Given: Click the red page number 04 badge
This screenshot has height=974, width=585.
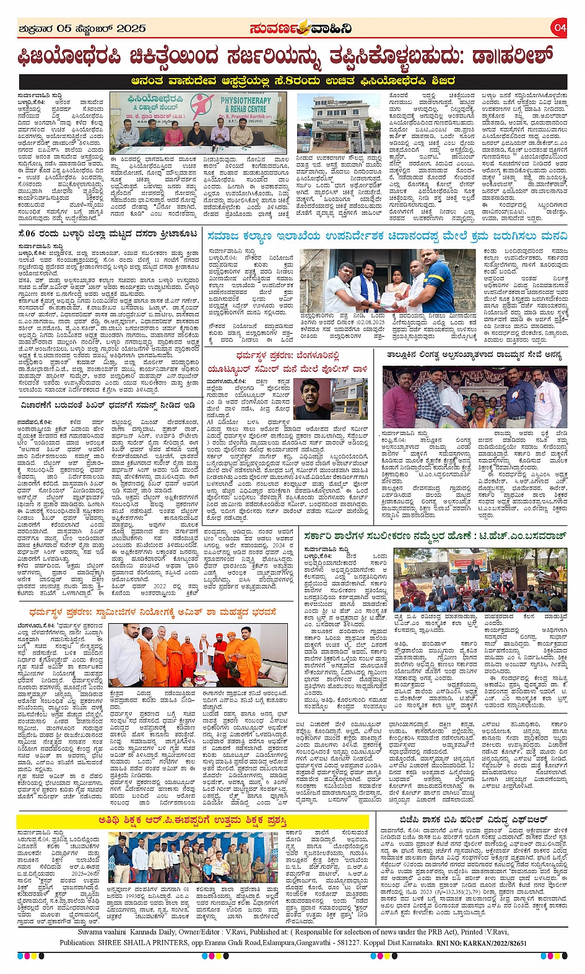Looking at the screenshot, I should coord(560,28).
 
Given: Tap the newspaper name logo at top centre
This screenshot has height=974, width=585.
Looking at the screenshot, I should coord(301,28).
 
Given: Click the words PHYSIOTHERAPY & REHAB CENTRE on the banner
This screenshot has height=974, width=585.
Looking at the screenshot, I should coord(246,104).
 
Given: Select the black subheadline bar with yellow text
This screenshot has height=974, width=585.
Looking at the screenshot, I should coord(293,81).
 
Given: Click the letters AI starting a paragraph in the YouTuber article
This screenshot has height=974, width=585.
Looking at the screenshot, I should coord(210,422).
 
